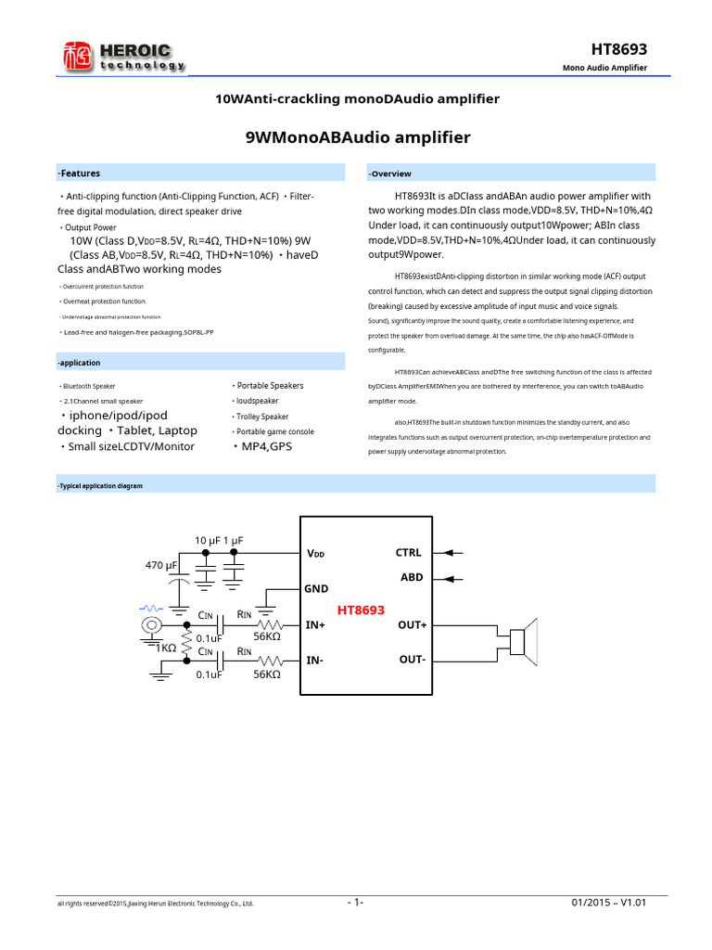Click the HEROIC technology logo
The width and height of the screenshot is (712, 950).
pos(123,57)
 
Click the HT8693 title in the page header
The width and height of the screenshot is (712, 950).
pos(618,49)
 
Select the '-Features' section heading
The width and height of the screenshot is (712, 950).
pos(79,173)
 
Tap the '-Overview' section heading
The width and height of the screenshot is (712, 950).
pos(390,173)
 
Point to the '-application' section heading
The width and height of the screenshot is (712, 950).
pos(79,363)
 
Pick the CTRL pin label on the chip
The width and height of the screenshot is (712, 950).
pos(409,553)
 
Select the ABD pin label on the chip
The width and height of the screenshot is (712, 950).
pos(411,577)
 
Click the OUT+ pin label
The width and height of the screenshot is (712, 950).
pos(412,625)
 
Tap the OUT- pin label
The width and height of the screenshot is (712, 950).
pos(412,660)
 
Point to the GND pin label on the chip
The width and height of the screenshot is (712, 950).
pos(316,588)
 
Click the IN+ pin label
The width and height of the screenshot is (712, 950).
pos(316,625)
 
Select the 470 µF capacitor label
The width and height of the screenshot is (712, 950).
pos(161,565)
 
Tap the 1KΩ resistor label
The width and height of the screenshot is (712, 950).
pos(166,648)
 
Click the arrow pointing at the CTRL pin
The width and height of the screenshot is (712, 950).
pos(454,553)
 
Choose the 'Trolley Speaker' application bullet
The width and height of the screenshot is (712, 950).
pos(262,417)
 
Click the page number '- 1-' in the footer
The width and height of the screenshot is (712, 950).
pos(356,903)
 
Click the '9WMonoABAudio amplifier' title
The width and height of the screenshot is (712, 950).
pos(358,138)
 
